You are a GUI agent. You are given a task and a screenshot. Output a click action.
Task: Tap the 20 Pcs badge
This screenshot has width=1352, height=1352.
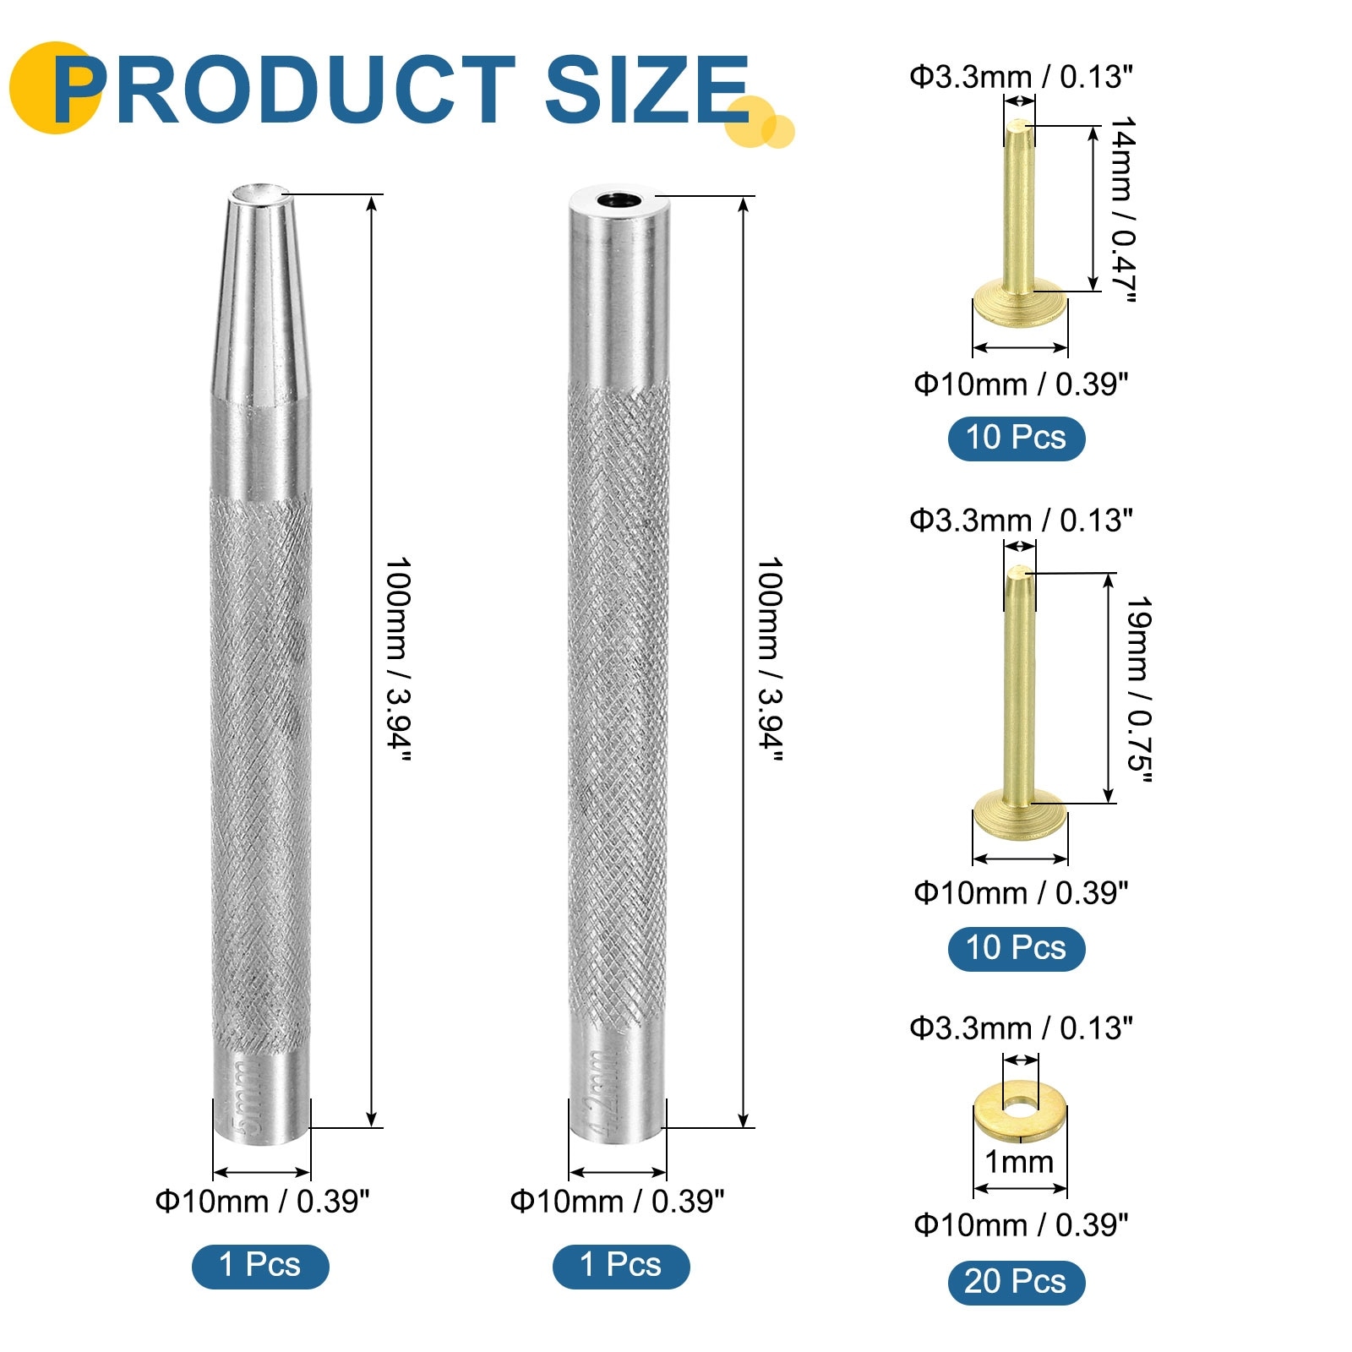[x=1016, y=1282]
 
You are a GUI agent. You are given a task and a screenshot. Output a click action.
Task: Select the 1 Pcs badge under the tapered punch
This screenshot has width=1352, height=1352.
[x=260, y=1266]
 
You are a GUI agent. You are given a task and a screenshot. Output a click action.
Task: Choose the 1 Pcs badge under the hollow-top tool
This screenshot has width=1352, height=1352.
[x=621, y=1266]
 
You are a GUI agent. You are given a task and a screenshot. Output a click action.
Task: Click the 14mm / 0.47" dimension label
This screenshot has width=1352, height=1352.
[x=1122, y=209]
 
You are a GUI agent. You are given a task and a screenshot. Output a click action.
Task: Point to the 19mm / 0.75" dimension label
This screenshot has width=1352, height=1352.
[x=1139, y=689]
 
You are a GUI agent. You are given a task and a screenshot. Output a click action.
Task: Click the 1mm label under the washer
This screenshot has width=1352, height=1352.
[x=1019, y=1162]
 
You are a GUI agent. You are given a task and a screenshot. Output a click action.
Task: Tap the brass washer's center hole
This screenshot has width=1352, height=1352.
[x=1021, y=1104]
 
